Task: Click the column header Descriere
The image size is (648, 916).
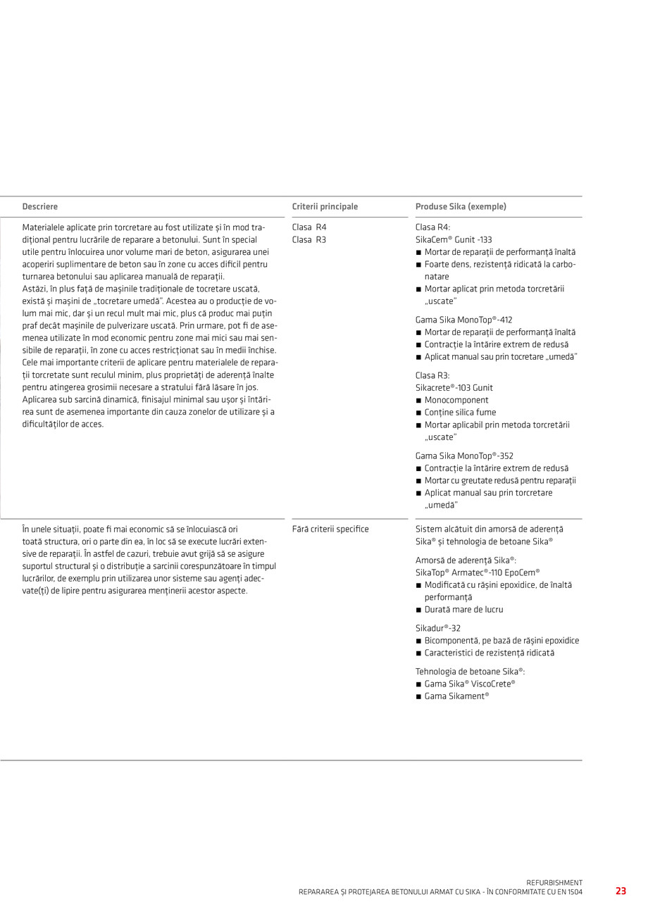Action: point(40,207)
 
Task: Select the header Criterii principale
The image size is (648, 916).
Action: point(325,207)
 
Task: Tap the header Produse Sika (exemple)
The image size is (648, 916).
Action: point(461,207)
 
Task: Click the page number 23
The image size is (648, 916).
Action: point(621,891)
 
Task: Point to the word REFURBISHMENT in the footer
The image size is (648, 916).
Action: point(554,882)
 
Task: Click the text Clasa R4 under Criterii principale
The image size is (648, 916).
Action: point(309,227)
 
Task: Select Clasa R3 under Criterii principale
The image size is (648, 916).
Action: point(309,239)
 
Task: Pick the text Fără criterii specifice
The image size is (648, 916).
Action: point(330,529)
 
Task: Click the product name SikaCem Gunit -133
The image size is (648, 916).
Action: point(454,239)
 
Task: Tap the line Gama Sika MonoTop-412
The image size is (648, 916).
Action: point(463,320)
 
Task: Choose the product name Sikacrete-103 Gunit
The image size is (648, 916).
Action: point(454,388)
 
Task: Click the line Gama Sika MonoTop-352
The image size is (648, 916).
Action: point(464,456)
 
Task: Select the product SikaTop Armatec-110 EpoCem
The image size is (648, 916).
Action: point(478,573)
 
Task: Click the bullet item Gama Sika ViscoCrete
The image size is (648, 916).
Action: point(470,684)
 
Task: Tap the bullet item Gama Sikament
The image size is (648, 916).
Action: point(456,696)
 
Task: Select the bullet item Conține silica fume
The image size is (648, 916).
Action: point(460,413)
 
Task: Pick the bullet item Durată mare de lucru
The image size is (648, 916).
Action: point(463,610)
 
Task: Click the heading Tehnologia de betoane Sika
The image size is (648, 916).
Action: point(470,672)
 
